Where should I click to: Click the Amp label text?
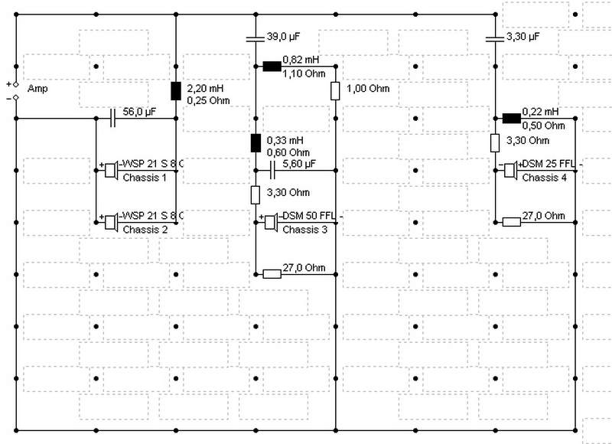tap(37, 89)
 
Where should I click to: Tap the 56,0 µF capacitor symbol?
tap(112, 119)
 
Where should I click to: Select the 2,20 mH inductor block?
tap(176, 91)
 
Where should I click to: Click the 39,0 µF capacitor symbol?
tap(256, 39)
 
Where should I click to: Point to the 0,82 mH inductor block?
tap(272, 67)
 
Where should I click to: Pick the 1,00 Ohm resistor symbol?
tap(335, 91)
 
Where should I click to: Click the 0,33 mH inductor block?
tap(256, 143)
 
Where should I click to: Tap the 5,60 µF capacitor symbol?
tap(272, 170)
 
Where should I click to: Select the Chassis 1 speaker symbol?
tap(111, 170)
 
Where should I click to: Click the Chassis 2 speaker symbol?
tap(111, 222)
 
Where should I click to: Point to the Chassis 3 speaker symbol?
tap(271, 222)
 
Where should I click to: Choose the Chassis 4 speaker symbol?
tap(510, 170)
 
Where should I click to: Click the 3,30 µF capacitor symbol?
tap(495, 39)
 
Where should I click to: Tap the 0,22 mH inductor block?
tap(511, 119)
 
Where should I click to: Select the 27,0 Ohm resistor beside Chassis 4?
tap(511, 222)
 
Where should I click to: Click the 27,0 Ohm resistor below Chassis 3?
tap(272, 274)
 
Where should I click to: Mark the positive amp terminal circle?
tap(16, 84)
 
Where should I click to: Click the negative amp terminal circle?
tap(16, 98)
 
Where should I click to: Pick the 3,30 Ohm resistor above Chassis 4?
tap(495, 143)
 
